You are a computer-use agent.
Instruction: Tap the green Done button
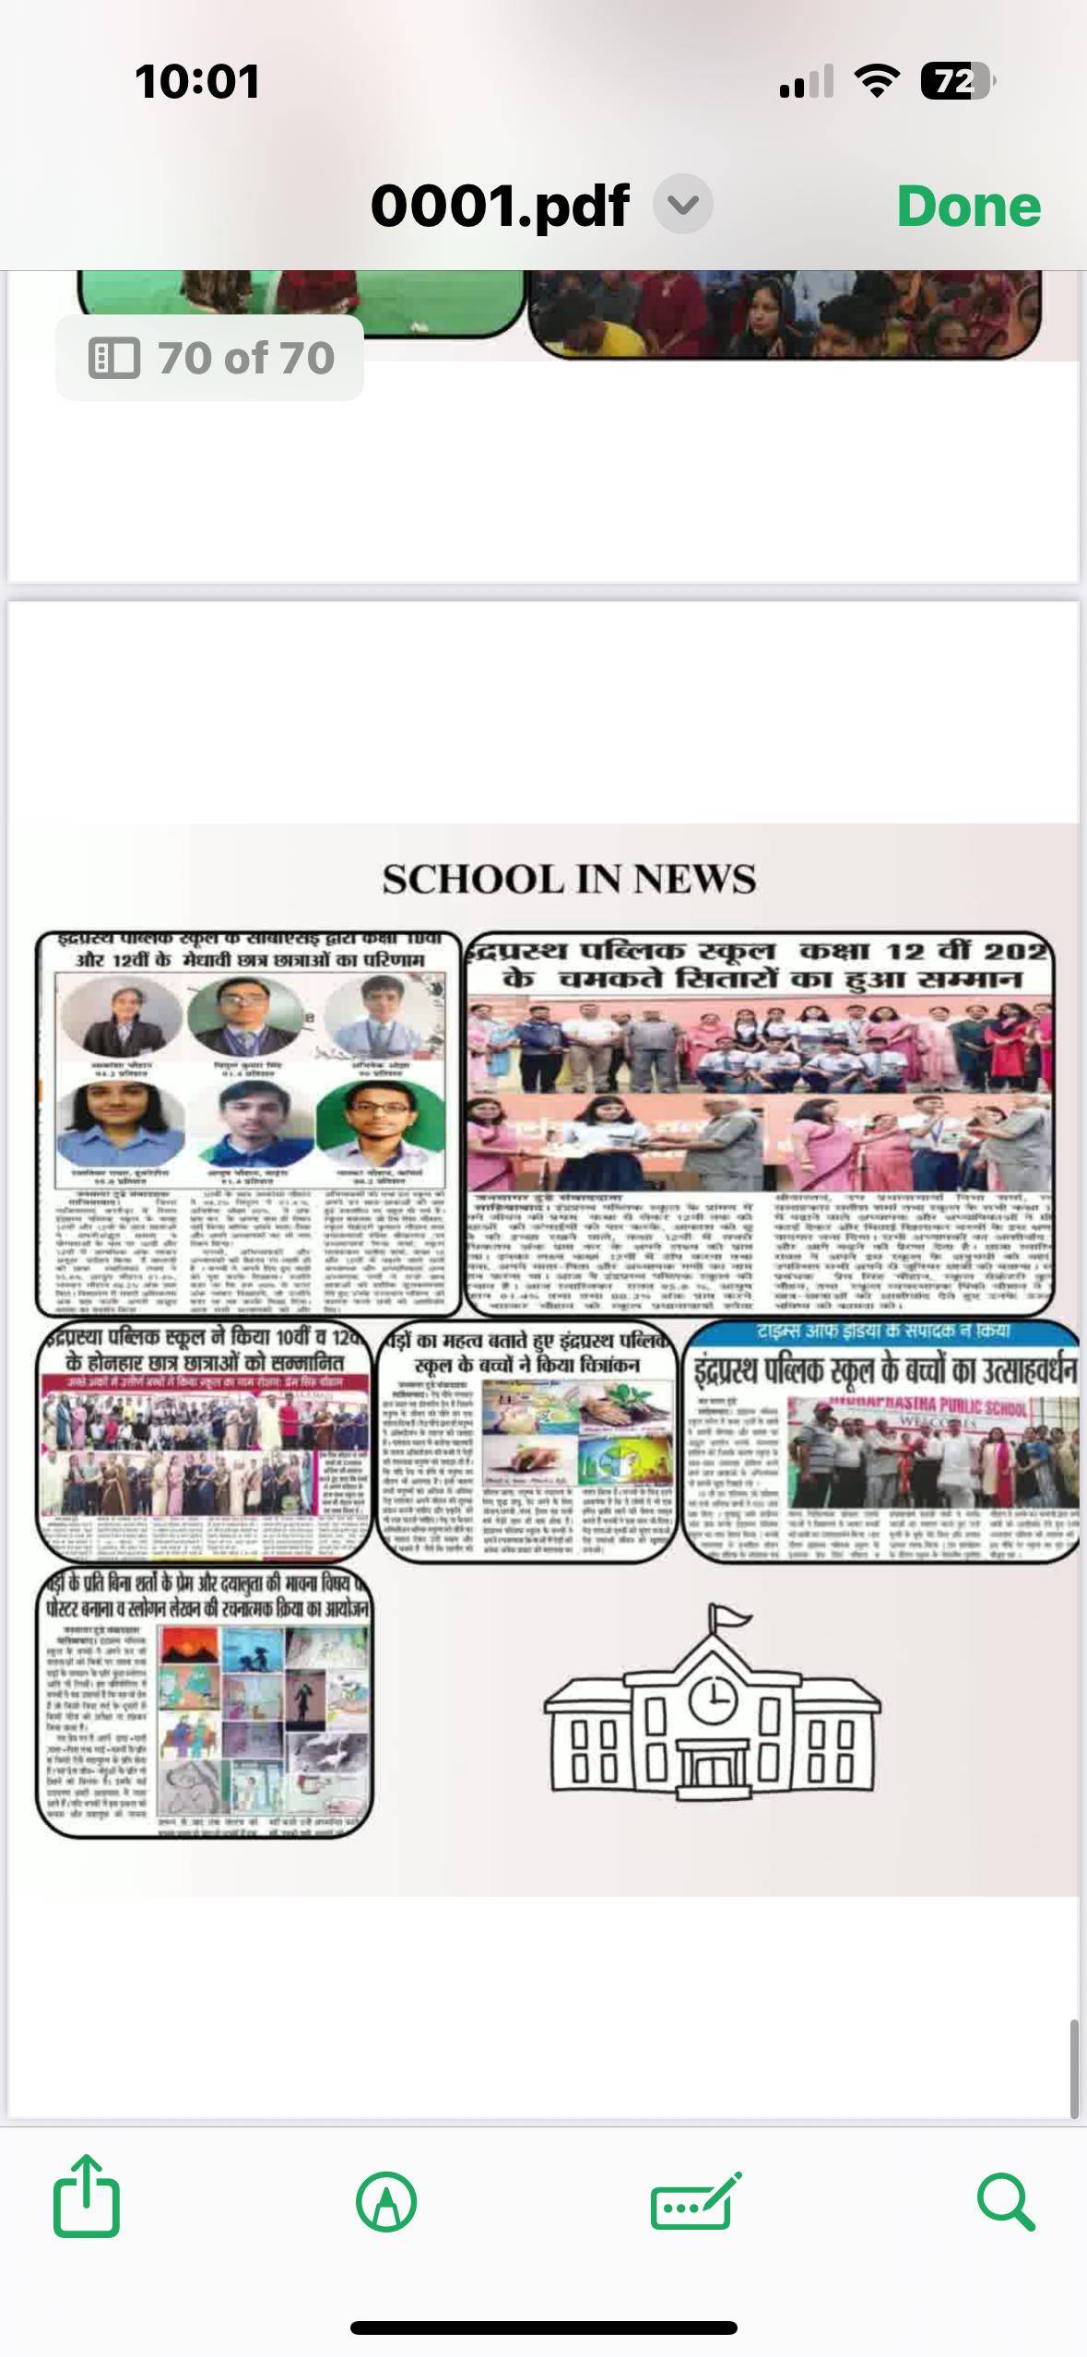tap(968, 206)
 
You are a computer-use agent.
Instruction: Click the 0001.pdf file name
tap(500, 206)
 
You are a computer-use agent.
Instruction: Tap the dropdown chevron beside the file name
tap(682, 205)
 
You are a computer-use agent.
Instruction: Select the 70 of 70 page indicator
tap(210, 358)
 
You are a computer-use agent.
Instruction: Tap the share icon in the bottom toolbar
tap(87, 2201)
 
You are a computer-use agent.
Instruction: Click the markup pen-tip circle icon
tap(386, 2202)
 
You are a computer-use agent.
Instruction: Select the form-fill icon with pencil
tap(695, 2202)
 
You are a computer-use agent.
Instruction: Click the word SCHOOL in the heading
tap(467, 880)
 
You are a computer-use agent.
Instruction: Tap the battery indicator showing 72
tap(957, 82)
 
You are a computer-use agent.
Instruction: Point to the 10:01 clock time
tap(196, 81)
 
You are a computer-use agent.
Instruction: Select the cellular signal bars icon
tap(806, 82)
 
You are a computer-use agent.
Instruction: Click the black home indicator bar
tap(543, 2327)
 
